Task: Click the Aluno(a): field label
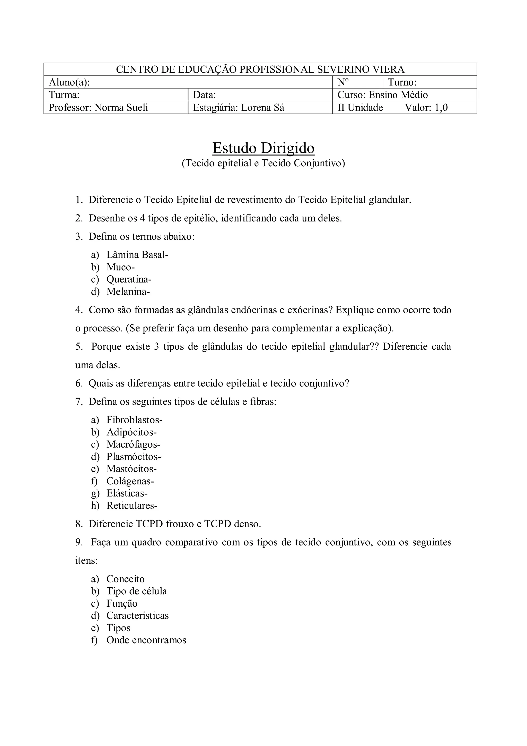[x=69, y=82]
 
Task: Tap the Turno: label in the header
[x=402, y=82]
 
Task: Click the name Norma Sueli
[x=121, y=108]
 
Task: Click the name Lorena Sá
[x=262, y=108]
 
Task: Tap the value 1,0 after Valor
[x=441, y=108]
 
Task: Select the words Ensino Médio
[x=398, y=95]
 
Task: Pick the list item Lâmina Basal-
[x=137, y=255]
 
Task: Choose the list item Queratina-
[x=129, y=279]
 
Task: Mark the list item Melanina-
[x=128, y=292]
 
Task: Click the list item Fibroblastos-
[x=134, y=420]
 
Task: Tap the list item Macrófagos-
[x=134, y=444]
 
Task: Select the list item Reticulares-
[x=132, y=505]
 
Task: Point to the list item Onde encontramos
[x=146, y=640]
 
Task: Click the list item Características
[x=137, y=615]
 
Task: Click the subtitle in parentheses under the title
[x=263, y=163]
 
